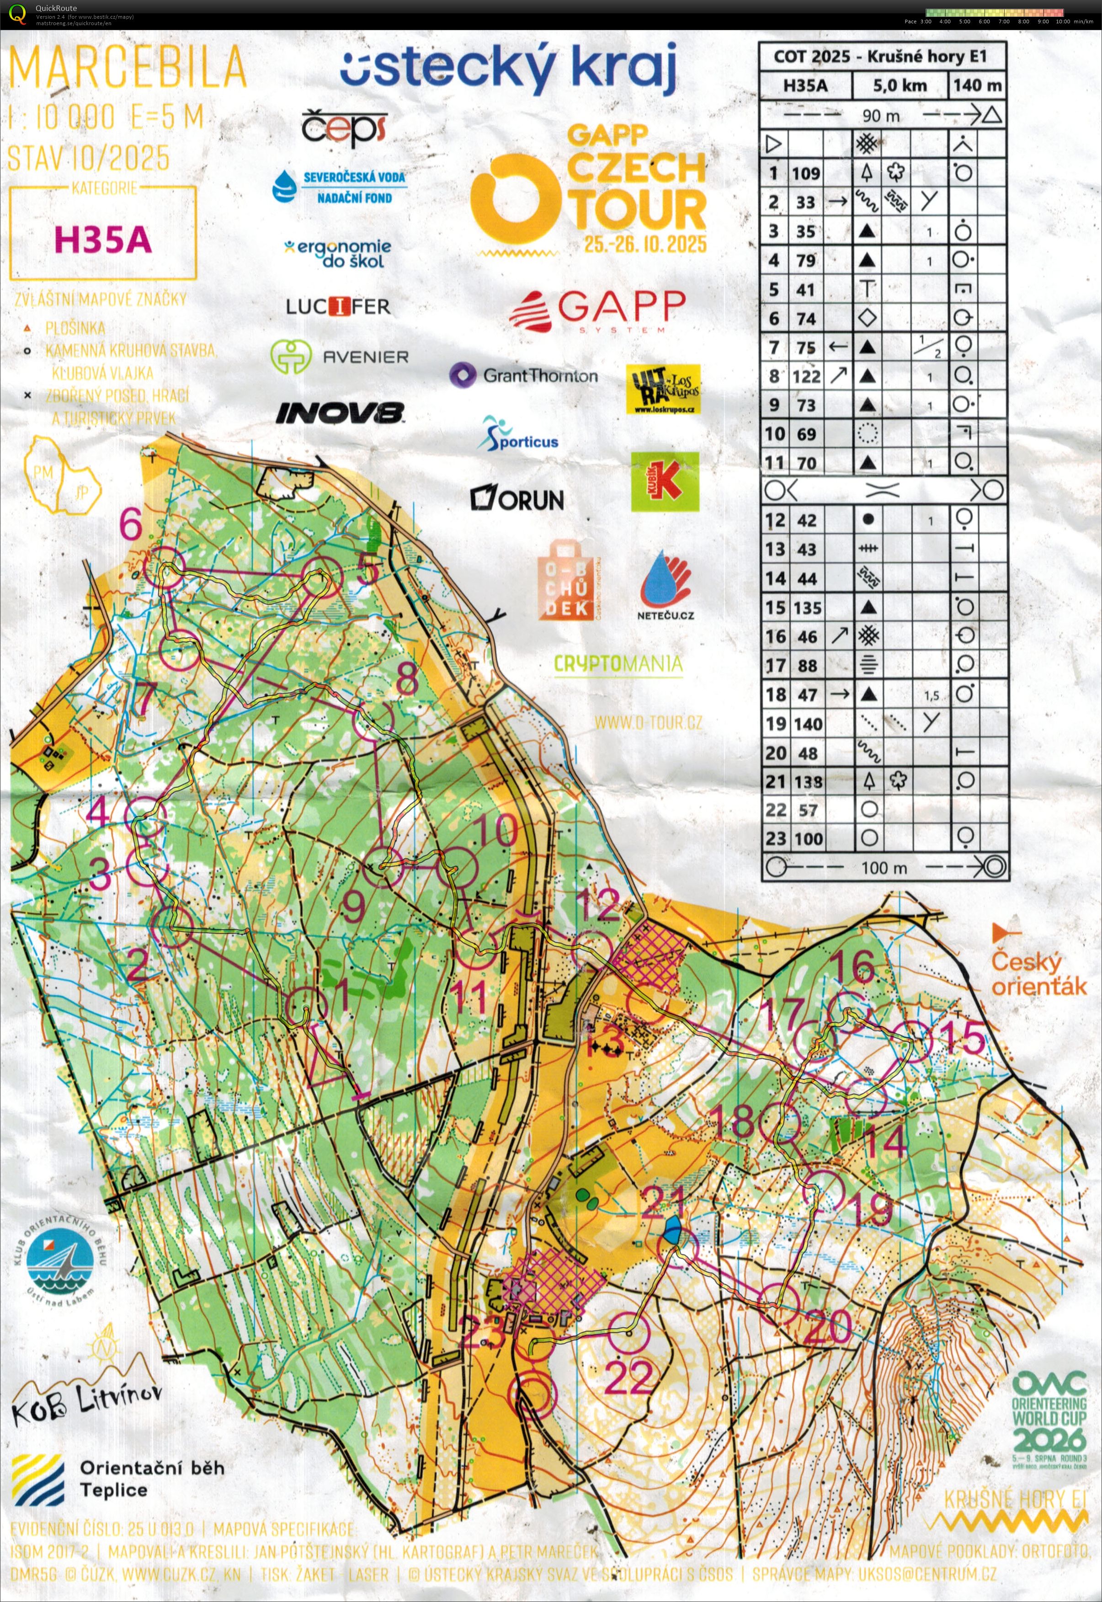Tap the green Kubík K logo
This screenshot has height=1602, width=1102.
coord(664,481)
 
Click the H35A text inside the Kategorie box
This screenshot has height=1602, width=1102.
coord(102,240)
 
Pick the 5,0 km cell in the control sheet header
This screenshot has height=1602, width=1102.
coord(900,85)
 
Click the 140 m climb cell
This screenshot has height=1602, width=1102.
coord(977,85)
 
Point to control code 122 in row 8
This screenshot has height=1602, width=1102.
coord(806,376)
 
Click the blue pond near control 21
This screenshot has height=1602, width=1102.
coord(672,1230)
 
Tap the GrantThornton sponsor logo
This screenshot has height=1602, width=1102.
coord(524,376)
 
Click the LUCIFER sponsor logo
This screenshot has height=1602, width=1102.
coord(338,306)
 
